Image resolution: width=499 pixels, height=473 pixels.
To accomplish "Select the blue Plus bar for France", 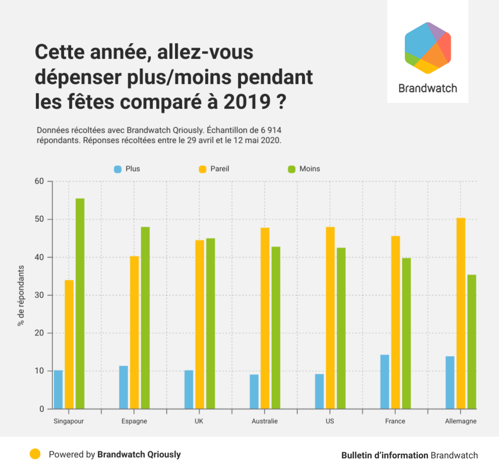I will pyautogui.click(x=385, y=382).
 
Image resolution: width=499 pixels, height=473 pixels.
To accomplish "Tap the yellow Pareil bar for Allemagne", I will pyautogui.click(x=461, y=313).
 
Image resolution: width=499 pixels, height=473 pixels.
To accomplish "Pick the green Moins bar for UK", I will pyautogui.click(x=210, y=323).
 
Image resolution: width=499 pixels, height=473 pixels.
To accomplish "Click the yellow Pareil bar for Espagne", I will pyautogui.click(x=135, y=332).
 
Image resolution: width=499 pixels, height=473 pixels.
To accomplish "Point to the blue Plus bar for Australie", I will pyautogui.click(x=254, y=391).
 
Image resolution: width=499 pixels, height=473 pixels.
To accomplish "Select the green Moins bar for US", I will pyautogui.click(x=341, y=328).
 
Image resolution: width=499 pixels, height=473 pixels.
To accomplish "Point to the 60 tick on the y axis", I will pyautogui.click(x=39, y=182).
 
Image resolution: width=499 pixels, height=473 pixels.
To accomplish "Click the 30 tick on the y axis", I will pyautogui.click(x=39, y=295).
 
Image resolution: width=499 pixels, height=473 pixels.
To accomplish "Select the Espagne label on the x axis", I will pyautogui.click(x=135, y=421).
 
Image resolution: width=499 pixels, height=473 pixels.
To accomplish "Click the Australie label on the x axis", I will pyautogui.click(x=265, y=421).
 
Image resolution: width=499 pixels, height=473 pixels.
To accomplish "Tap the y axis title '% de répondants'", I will pyautogui.click(x=21, y=295).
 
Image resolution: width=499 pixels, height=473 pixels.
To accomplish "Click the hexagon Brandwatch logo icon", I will pyautogui.click(x=427, y=47).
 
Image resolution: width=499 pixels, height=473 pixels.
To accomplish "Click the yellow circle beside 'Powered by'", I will pyautogui.click(x=35, y=454).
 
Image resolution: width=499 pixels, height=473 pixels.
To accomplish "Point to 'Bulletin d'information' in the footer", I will pyautogui.click(x=385, y=455).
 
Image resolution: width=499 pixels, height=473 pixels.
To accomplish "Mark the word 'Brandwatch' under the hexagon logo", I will pyautogui.click(x=427, y=88).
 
